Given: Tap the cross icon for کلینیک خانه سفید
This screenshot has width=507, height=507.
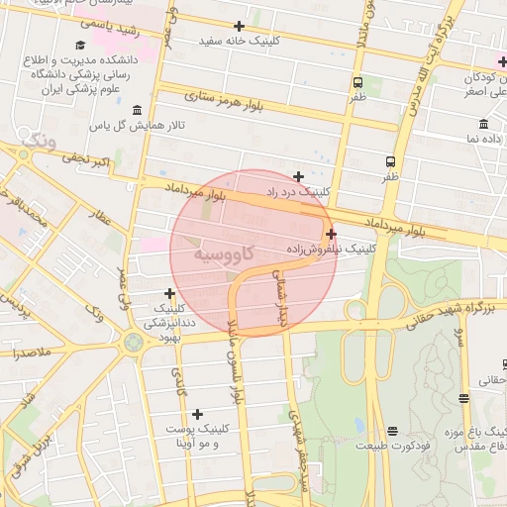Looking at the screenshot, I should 238,26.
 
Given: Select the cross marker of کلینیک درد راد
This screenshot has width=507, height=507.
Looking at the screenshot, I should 298,175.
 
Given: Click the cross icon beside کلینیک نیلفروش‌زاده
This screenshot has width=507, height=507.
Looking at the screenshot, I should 331,234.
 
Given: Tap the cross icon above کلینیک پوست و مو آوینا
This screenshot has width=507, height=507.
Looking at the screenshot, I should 197,414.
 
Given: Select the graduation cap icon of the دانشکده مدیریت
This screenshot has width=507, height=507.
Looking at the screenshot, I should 80,45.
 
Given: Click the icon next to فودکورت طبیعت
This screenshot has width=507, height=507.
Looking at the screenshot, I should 392,431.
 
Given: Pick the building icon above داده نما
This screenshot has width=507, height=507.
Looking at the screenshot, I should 483,124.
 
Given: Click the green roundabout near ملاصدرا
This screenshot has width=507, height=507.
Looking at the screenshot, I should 133,343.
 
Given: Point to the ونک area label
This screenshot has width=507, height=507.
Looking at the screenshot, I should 38,140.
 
